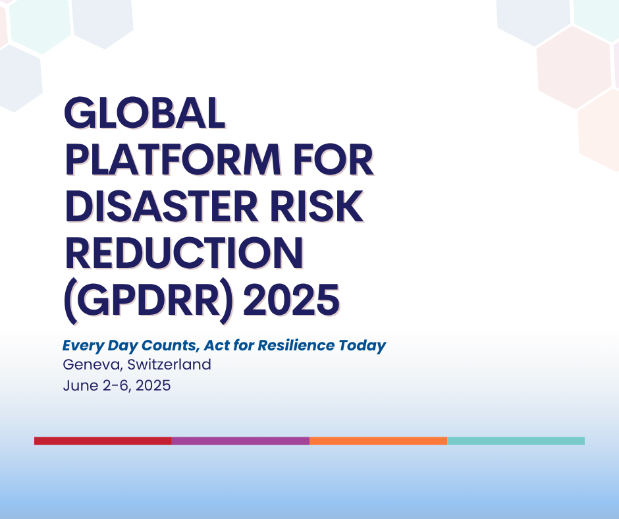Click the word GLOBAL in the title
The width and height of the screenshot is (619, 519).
[x=144, y=113]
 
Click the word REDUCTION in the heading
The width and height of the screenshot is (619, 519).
[x=184, y=253]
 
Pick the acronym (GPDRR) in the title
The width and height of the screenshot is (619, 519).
[x=148, y=302]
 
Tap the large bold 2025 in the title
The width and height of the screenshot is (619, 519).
[x=291, y=300]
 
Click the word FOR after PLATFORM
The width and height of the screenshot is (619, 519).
[x=334, y=159]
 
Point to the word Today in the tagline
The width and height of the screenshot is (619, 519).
[x=362, y=346]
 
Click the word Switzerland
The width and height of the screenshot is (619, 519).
[x=169, y=364]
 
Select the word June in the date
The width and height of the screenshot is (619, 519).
[x=80, y=385]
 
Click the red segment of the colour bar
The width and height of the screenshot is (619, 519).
[x=103, y=441]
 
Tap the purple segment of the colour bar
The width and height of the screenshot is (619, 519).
[x=241, y=441]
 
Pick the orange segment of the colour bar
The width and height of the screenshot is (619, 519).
[x=378, y=441]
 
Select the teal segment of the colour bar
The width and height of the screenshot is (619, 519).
[x=516, y=441]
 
